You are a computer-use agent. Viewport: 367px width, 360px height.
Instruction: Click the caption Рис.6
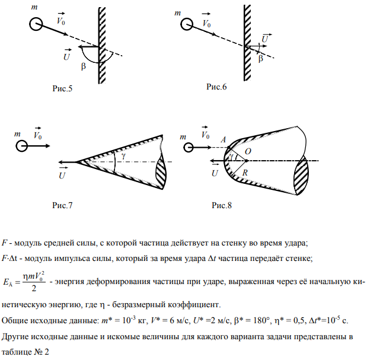(x=216, y=87)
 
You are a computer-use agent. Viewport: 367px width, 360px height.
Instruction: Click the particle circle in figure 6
(x=186, y=24)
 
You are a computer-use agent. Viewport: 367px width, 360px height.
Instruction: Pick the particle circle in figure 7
(x=22, y=145)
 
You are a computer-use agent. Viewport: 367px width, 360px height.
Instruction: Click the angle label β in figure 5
(x=83, y=66)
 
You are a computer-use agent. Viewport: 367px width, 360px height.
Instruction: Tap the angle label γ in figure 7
(x=123, y=155)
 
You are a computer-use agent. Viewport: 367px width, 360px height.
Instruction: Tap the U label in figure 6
(x=265, y=39)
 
